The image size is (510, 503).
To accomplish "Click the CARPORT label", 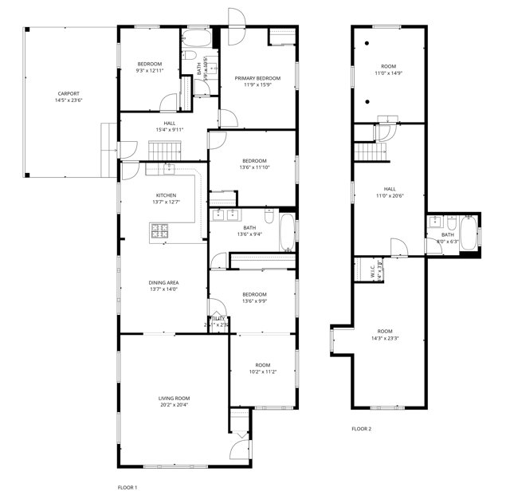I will click(68, 93).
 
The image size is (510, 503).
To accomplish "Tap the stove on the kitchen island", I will click(161, 231).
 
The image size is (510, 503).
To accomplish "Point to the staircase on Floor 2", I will click(367, 150).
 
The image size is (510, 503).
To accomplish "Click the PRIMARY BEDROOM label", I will click(257, 78).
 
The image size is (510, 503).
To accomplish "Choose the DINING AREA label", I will click(163, 282).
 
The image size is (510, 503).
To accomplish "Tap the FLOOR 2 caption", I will click(362, 429).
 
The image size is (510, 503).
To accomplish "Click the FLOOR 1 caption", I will click(127, 487).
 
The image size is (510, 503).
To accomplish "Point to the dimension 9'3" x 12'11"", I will click(149, 71).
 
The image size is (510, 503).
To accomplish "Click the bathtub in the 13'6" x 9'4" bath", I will click(286, 234).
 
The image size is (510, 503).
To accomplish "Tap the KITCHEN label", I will click(166, 195).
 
